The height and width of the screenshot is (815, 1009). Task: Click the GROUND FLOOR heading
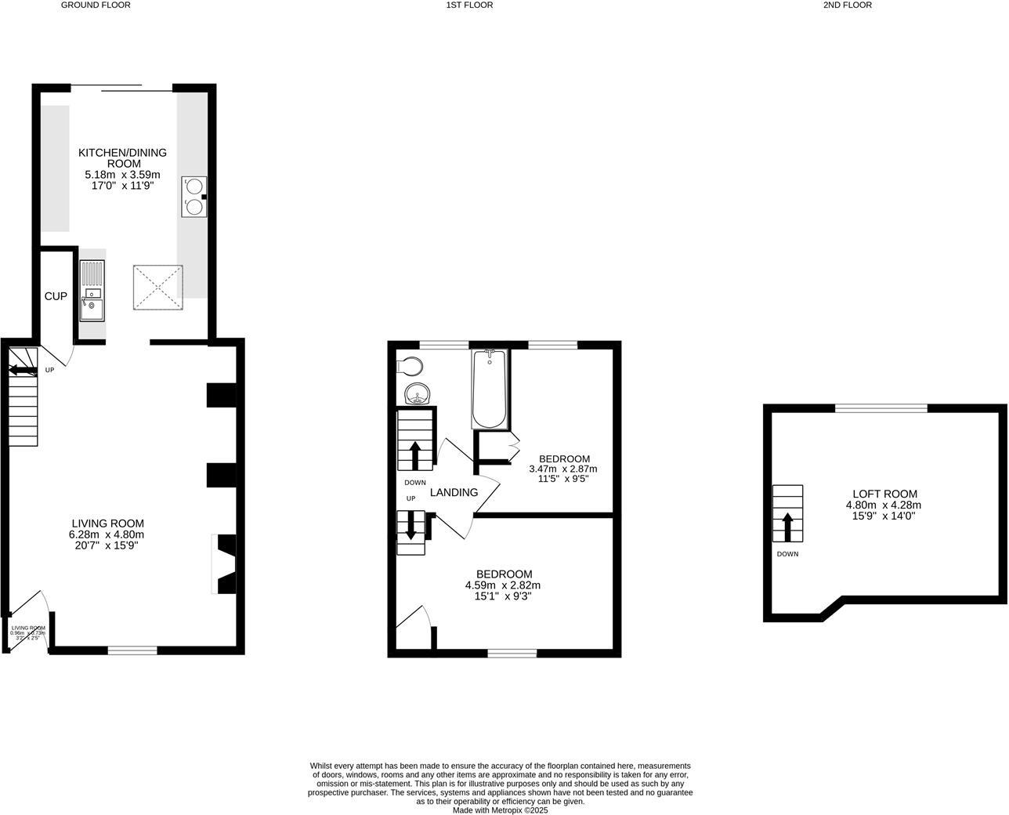click(x=96, y=5)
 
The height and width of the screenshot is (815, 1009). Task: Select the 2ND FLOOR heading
click(x=847, y=5)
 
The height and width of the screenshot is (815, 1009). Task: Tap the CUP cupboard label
click(x=55, y=296)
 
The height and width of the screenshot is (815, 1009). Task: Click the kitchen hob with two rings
click(x=194, y=196)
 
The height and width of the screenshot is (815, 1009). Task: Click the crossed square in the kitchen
click(x=157, y=287)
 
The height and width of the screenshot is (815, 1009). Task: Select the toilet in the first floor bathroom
click(x=410, y=366)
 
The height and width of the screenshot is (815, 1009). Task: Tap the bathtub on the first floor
click(x=490, y=389)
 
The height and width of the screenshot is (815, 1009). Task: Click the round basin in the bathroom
click(x=418, y=393)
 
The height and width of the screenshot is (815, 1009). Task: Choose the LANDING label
click(x=454, y=492)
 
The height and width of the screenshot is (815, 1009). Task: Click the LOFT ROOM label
click(x=884, y=494)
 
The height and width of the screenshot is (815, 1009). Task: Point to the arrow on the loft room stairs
click(x=787, y=526)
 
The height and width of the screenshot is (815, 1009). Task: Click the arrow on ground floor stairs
click(x=23, y=369)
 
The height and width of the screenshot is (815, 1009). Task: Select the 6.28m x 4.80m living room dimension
click(x=107, y=534)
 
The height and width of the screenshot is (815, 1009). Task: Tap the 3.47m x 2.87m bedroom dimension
click(x=563, y=469)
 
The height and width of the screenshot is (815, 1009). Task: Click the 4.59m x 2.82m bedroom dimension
click(x=503, y=585)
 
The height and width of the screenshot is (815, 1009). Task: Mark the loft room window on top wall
click(x=881, y=407)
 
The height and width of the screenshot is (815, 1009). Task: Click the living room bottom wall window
click(x=132, y=650)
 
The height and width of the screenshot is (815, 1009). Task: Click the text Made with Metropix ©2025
click(x=500, y=810)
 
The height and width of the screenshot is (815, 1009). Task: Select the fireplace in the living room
click(x=225, y=564)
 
